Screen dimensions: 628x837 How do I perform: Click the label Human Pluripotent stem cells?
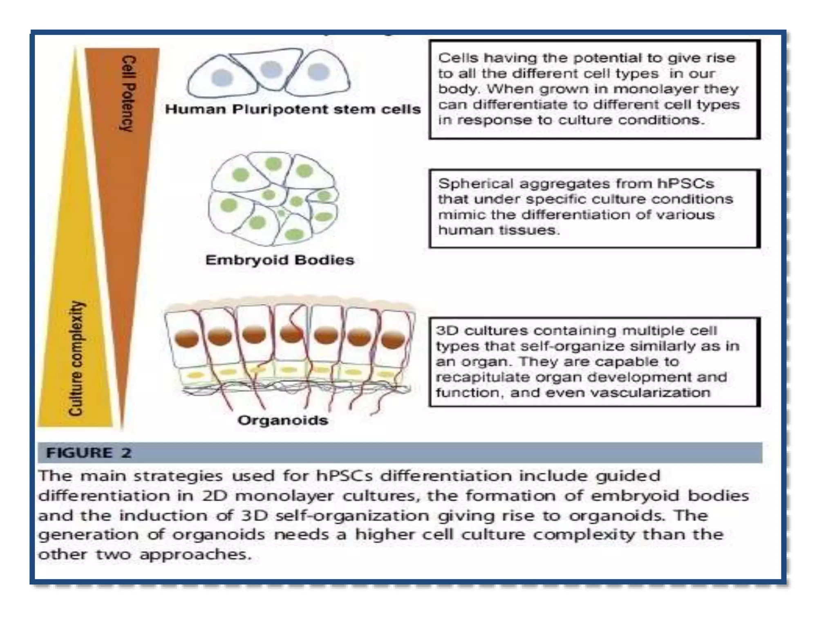click(x=293, y=110)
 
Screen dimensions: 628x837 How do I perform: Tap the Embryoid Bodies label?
click(x=280, y=260)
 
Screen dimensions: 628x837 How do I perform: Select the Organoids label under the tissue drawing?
click(x=283, y=420)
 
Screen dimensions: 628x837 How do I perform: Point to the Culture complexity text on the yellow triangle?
click(x=76, y=358)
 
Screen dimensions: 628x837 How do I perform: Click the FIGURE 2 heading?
click(x=89, y=453)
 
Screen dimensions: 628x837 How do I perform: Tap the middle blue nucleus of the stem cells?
click(x=271, y=70)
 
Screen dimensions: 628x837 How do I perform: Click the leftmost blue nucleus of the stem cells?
click(x=222, y=77)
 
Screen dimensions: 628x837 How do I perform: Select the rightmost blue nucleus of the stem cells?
click(x=318, y=72)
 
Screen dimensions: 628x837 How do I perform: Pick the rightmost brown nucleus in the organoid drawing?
click(x=393, y=340)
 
